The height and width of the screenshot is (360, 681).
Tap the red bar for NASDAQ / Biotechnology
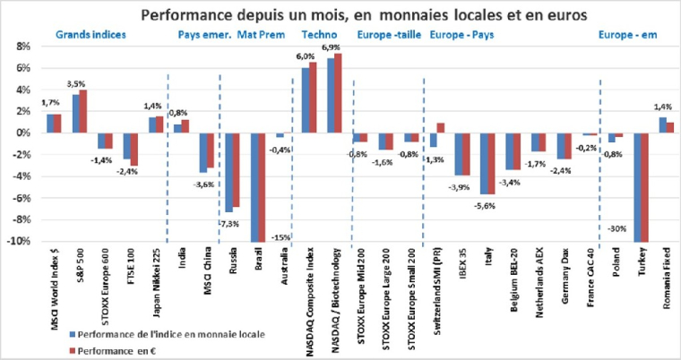(338, 93)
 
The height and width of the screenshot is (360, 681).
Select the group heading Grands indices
(91, 35)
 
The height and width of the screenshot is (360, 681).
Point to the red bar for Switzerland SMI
(441, 128)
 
